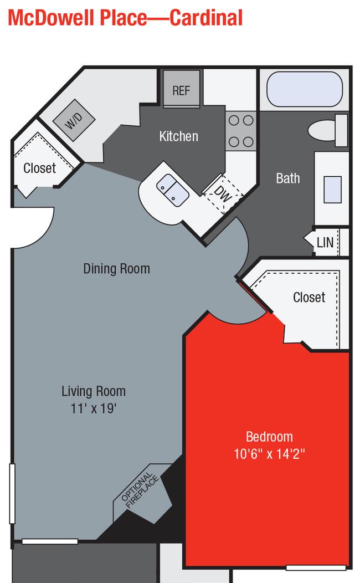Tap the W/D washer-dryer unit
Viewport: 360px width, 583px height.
[74, 120]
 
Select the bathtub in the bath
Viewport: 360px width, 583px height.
[305, 89]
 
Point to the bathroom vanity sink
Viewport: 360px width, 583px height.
[332, 189]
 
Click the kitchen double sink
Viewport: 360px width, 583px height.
[173, 190]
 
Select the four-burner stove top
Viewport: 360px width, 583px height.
[241, 131]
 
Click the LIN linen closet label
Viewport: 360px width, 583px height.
[325, 242]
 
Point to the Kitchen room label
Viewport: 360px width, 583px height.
[179, 136]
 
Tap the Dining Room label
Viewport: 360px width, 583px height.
[117, 268]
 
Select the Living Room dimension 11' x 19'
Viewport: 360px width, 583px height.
[94, 408]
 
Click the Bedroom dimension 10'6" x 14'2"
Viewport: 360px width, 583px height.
[269, 454]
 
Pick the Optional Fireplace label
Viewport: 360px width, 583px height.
[140, 490]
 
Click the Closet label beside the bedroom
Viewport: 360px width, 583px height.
[309, 297]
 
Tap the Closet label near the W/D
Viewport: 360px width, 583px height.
[40, 168]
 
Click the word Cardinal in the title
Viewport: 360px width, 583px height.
[206, 18]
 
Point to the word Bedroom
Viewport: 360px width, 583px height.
[269, 437]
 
